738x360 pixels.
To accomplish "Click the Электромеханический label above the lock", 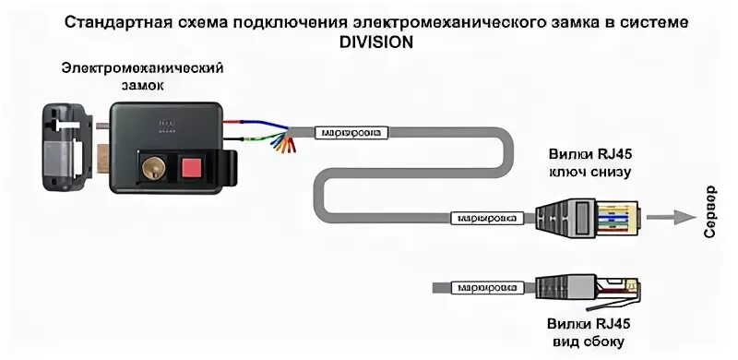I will (x=142, y=68).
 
